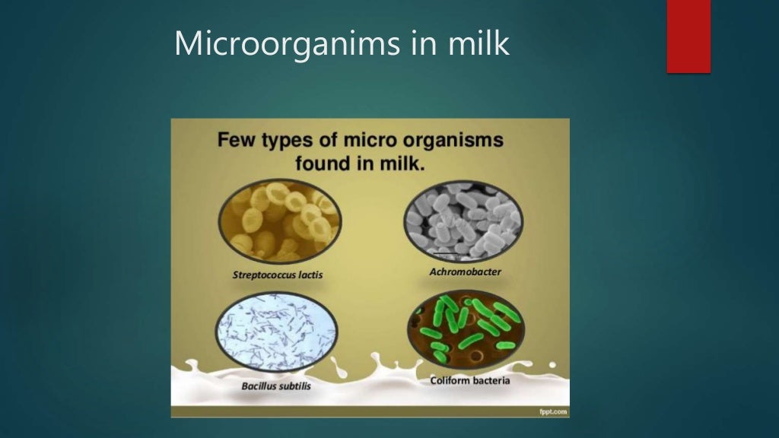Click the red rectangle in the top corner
tap(688, 36)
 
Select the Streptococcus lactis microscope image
tap(280, 221)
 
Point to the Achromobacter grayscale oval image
tap(463, 221)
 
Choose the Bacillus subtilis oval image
tap(278, 332)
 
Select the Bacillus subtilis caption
tap(276, 386)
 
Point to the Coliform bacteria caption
tap(469, 380)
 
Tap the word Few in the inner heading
tap(237, 141)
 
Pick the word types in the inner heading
tap(294, 142)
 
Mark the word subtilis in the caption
tap(294, 386)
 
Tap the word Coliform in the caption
tap(451, 380)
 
